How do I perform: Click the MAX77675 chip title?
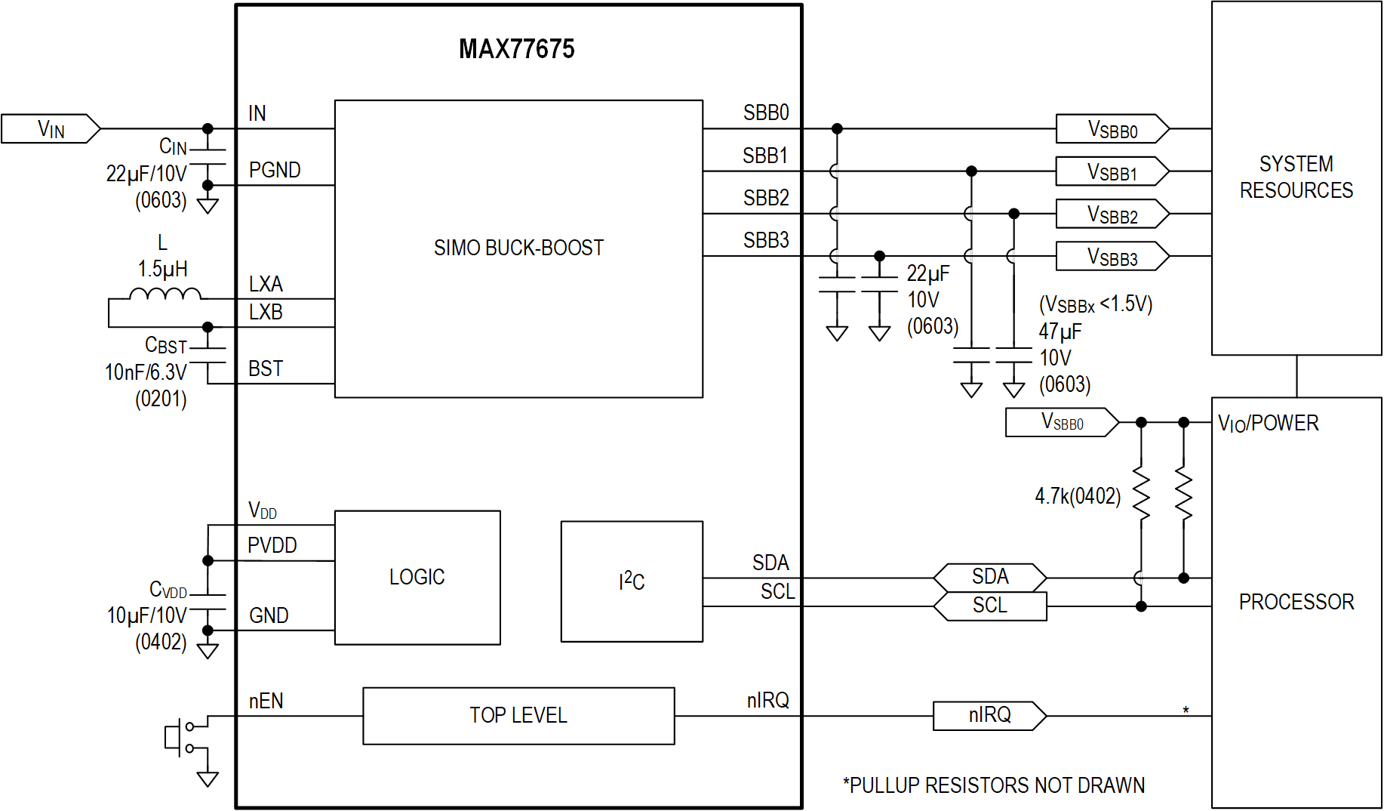(x=516, y=49)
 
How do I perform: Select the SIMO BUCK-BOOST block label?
(x=518, y=248)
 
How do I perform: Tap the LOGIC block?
(x=417, y=578)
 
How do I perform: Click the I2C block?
(x=632, y=581)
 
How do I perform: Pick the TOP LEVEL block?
(x=518, y=715)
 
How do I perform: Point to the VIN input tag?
(x=51, y=129)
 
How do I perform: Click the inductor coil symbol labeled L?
(x=165, y=294)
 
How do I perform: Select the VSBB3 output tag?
(x=1112, y=257)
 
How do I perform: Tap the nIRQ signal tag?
(x=989, y=715)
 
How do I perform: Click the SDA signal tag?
(x=989, y=578)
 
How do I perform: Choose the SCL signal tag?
(x=989, y=606)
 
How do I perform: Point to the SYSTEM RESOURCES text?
(x=1296, y=177)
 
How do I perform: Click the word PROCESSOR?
(x=1296, y=602)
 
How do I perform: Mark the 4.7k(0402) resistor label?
(x=1078, y=496)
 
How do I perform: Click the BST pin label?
(x=266, y=369)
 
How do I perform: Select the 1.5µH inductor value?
(x=162, y=269)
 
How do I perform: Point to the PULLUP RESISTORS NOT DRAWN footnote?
(x=994, y=785)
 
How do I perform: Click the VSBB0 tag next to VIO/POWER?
(x=1062, y=422)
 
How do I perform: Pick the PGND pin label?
(x=275, y=171)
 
